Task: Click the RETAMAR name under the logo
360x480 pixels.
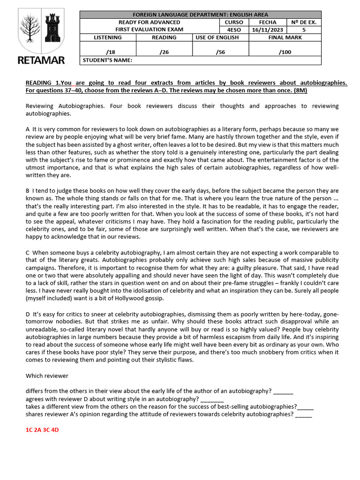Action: pyautogui.click(x=41, y=60)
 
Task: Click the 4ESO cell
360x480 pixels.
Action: pyautogui.click(x=233, y=30)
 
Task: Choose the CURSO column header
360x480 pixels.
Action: pyautogui.click(x=233, y=22)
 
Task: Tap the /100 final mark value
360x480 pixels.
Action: pyautogui.click(x=285, y=52)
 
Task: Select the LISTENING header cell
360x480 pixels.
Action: pyautogui.click(x=108, y=37)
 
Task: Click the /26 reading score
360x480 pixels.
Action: pyautogui.click(x=164, y=52)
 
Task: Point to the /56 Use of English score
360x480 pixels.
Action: pyautogui.click(x=220, y=52)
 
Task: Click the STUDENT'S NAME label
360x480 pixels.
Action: pyautogui.click(x=107, y=60)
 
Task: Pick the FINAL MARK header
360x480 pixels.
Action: pyautogui.click(x=285, y=37)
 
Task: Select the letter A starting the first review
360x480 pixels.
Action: pyautogui.click(x=28, y=128)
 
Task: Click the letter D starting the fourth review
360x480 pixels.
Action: pyautogui.click(x=28, y=314)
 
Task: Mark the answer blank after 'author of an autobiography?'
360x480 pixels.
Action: pyautogui.click(x=283, y=391)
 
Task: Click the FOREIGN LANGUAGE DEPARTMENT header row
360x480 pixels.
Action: pyautogui.click(x=201, y=15)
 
